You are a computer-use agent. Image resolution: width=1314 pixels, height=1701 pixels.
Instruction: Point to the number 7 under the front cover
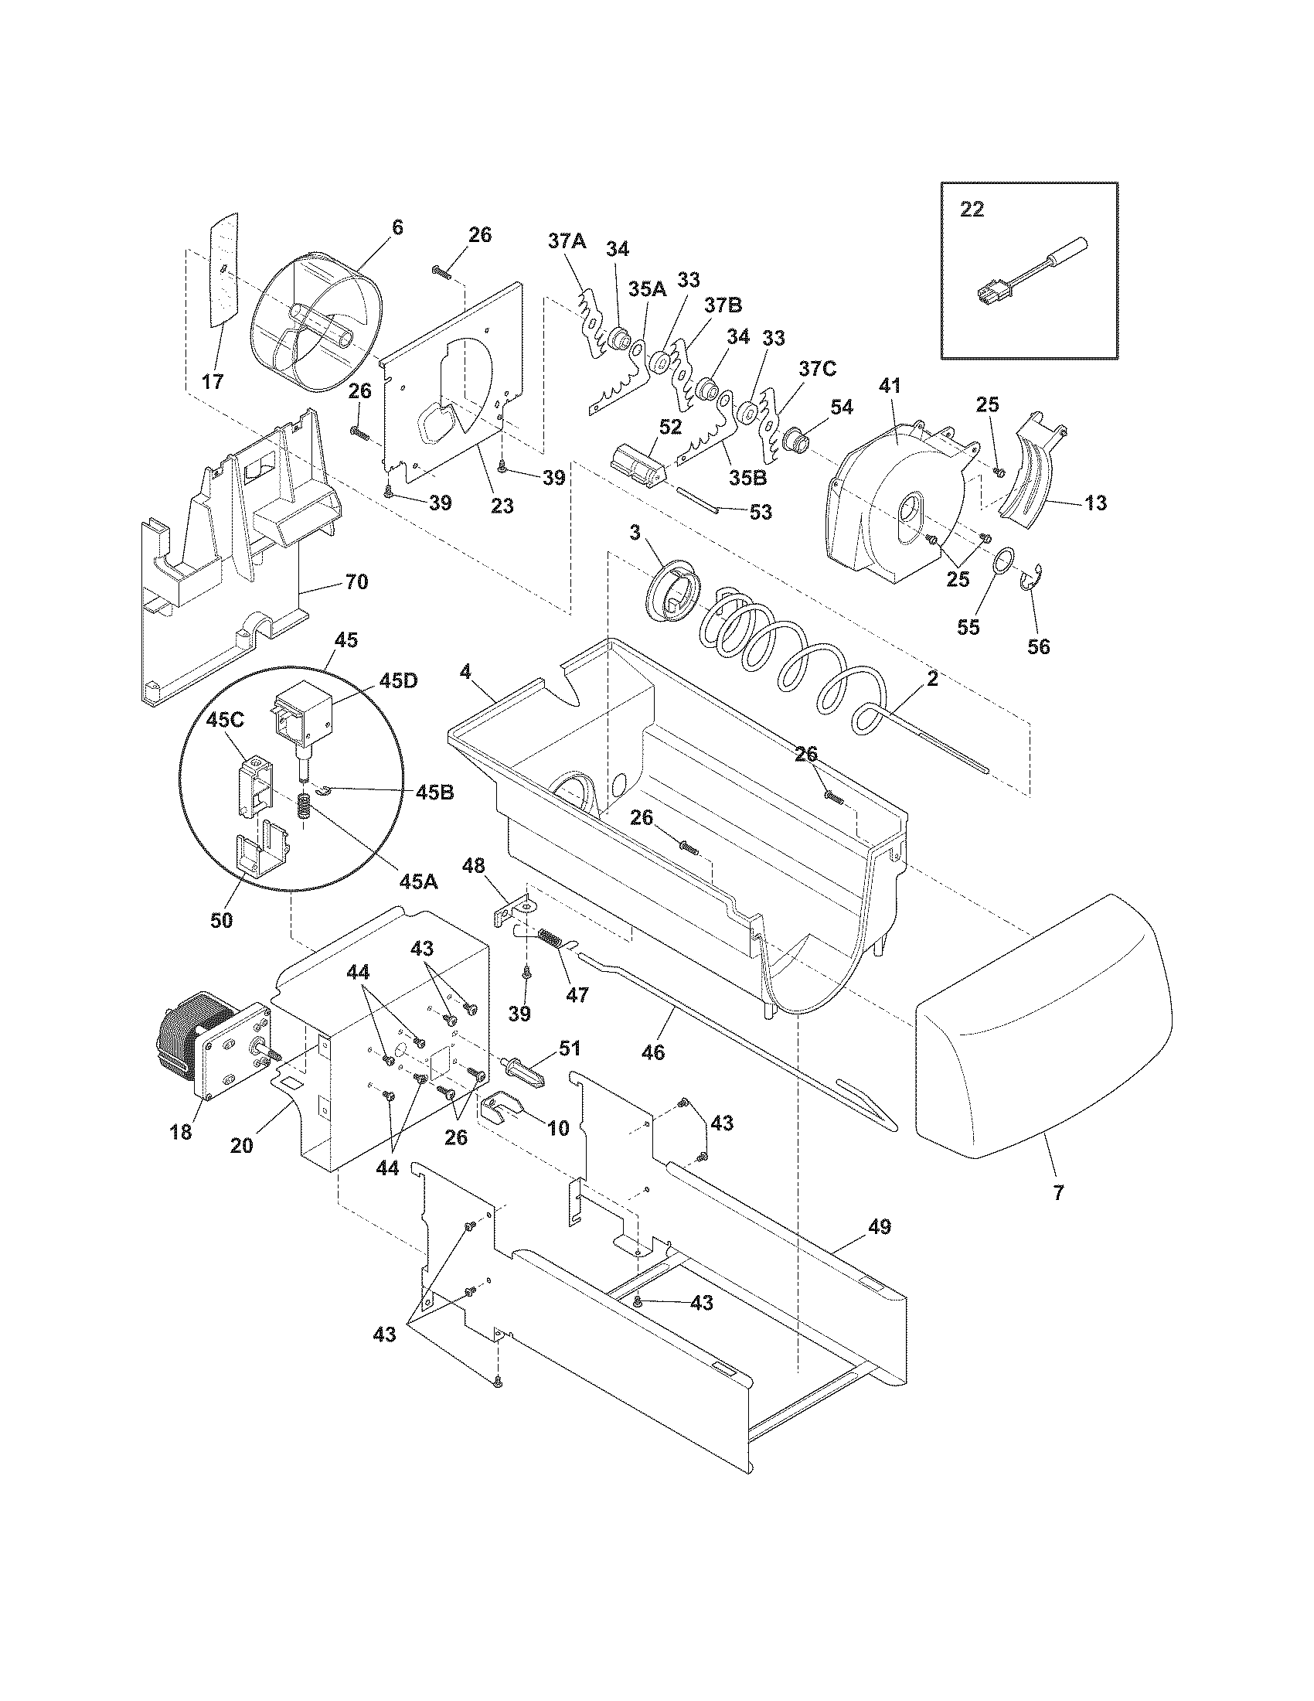[x=1058, y=1191]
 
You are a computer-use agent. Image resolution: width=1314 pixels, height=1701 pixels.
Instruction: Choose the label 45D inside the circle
[x=399, y=680]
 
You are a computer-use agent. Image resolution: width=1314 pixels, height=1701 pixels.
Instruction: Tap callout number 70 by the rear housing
[x=356, y=581]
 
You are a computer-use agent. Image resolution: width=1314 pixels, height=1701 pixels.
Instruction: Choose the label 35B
[x=748, y=476]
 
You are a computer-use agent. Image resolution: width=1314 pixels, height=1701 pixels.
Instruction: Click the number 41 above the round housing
[x=890, y=385]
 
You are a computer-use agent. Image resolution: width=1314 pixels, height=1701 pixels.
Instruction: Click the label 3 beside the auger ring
[x=635, y=533]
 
